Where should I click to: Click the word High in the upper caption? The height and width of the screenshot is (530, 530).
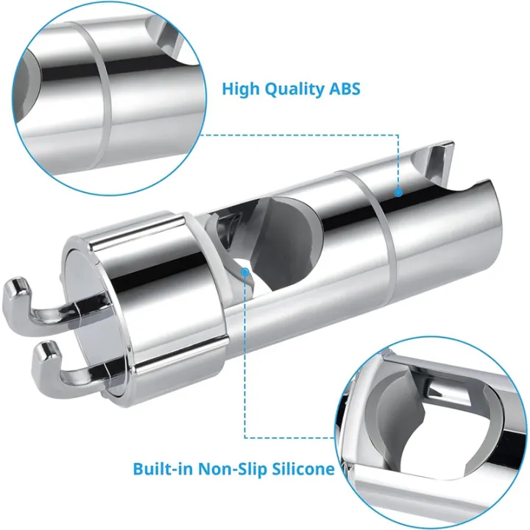tap(241, 89)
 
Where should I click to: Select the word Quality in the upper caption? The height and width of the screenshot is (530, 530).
tap(294, 90)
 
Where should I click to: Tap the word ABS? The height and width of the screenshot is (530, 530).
tap(344, 89)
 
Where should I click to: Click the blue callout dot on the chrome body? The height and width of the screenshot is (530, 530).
tap(398, 193)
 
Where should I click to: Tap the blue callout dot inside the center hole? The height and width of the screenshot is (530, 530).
tap(245, 272)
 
